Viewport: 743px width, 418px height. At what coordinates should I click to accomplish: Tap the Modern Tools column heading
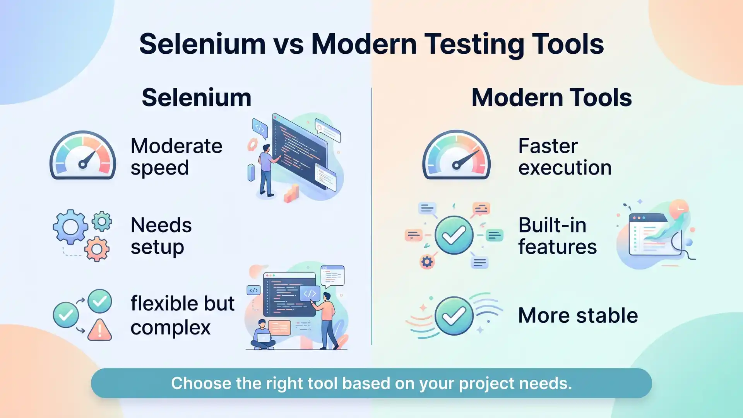tap(551, 98)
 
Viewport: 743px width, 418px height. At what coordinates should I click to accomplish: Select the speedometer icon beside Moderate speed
tap(83, 156)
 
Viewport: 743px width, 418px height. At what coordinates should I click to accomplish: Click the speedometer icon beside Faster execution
tap(456, 156)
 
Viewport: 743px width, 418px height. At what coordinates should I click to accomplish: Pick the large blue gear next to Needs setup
tap(70, 227)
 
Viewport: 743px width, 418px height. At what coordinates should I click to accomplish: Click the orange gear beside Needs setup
tap(97, 249)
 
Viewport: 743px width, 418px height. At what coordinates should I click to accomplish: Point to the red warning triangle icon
tap(99, 330)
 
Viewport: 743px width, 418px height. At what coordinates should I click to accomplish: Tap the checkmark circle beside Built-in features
tap(454, 235)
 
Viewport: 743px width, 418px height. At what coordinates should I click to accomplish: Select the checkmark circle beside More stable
tap(454, 316)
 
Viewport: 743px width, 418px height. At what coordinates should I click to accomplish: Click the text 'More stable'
tap(578, 315)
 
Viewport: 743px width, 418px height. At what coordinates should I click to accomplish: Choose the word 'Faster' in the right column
tap(548, 146)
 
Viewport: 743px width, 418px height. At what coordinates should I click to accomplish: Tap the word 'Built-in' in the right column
tap(552, 225)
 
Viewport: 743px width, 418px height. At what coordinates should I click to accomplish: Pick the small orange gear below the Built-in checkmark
tap(427, 262)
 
